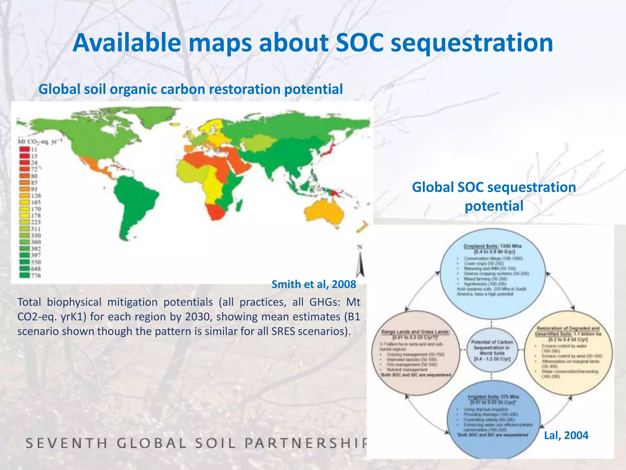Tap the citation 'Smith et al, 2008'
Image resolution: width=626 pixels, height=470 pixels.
coord(314,284)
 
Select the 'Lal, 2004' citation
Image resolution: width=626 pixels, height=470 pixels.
coord(566,435)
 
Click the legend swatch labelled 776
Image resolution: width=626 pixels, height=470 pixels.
coord(25,275)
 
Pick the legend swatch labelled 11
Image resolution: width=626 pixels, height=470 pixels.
coord(24,149)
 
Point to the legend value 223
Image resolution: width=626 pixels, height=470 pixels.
coord(36,222)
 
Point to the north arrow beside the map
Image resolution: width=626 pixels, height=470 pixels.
coord(360,263)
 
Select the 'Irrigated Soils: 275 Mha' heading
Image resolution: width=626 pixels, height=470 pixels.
coord(493,397)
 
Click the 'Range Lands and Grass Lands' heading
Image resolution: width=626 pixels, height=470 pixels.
coord(415,332)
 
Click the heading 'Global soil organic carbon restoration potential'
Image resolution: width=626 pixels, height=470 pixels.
coord(190,89)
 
